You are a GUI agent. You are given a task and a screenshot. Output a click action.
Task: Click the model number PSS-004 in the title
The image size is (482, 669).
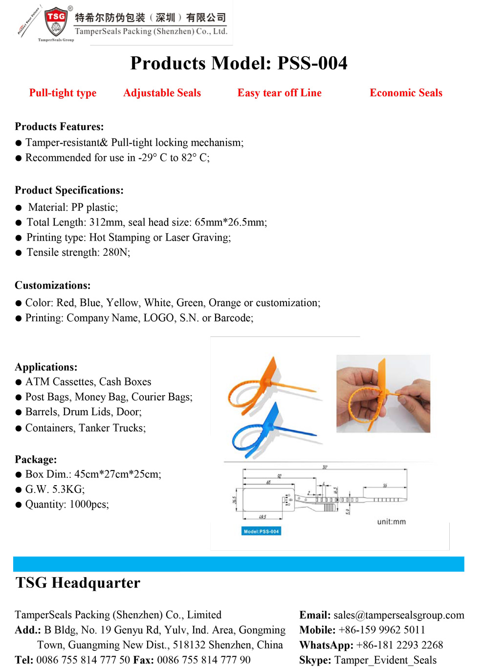312,63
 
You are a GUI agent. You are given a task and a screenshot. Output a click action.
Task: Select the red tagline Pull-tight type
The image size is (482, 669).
63,93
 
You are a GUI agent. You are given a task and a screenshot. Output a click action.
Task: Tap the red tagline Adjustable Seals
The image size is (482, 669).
162,93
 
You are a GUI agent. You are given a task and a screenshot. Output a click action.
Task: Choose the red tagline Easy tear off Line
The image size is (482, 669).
279,93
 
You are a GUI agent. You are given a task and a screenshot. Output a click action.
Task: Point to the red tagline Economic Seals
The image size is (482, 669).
406,93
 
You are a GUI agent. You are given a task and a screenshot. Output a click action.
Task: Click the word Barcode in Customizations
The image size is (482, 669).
233,318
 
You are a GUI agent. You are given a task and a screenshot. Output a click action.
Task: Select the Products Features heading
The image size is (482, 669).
59,127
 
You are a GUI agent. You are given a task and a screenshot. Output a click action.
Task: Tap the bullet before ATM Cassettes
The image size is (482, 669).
19,382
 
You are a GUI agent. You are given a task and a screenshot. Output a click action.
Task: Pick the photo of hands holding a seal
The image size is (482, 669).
383,394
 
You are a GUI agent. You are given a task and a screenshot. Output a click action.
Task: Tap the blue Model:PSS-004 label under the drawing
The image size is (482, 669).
262,531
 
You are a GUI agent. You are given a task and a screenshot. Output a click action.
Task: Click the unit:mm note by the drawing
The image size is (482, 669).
391,522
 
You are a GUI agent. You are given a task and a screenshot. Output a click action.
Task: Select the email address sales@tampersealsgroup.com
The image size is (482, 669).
399,615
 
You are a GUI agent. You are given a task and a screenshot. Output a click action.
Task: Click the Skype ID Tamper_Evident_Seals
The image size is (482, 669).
385,660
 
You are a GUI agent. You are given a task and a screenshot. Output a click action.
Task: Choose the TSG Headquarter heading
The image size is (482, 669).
78,583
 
